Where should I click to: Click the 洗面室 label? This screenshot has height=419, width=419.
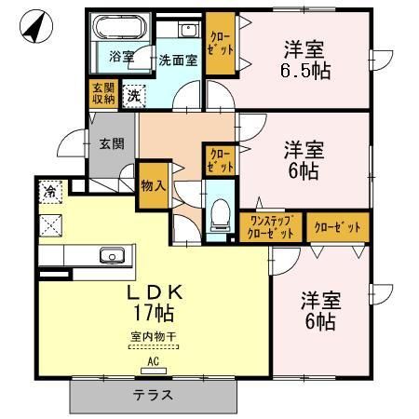pyautogui.click(x=176, y=58)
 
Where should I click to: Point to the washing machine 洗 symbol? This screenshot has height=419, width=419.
pyautogui.click(x=134, y=94)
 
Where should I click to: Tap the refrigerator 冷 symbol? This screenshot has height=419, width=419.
pyautogui.click(x=50, y=192)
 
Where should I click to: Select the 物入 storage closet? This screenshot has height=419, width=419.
pyautogui.click(x=153, y=185)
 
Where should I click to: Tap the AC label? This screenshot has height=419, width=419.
pyautogui.click(x=153, y=359)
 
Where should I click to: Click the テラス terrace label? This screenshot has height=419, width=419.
pyautogui.click(x=153, y=394)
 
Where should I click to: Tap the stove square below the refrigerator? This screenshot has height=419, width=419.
pyautogui.click(x=50, y=224)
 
